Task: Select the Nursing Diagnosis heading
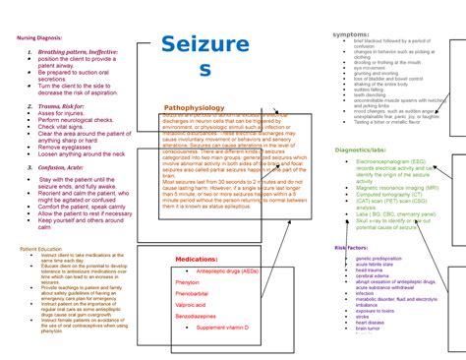tap(40, 37)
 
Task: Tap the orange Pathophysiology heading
tap(194, 107)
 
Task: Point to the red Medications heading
tap(197, 259)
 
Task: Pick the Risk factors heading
tap(351, 248)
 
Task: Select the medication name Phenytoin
tap(187, 281)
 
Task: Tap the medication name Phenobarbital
tap(192, 293)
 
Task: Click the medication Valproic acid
tap(191, 305)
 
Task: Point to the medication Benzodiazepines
tap(196, 316)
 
